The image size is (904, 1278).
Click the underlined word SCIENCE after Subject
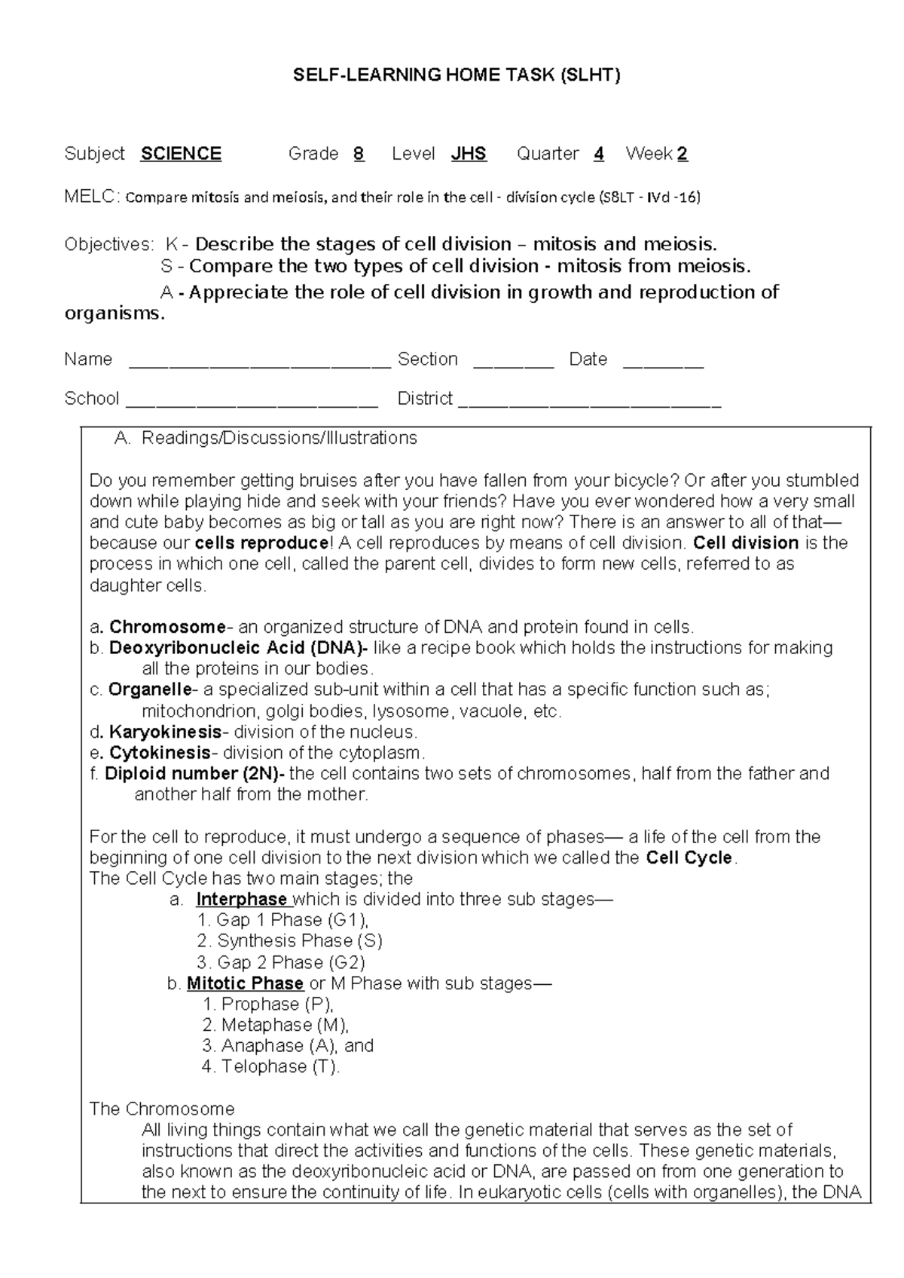click(x=181, y=154)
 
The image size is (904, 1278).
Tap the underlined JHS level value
click(x=469, y=154)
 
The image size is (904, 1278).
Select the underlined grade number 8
click(x=359, y=154)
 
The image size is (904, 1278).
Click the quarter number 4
click(x=599, y=154)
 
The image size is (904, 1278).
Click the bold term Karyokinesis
click(x=165, y=732)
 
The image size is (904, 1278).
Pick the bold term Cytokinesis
click(x=160, y=753)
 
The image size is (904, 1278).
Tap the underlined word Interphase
click(x=242, y=899)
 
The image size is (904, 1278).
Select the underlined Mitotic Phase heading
click(x=245, y=983)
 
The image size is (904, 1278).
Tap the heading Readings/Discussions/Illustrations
click(x=279, y=438)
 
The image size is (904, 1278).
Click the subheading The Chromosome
click(x=162, y=1109)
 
